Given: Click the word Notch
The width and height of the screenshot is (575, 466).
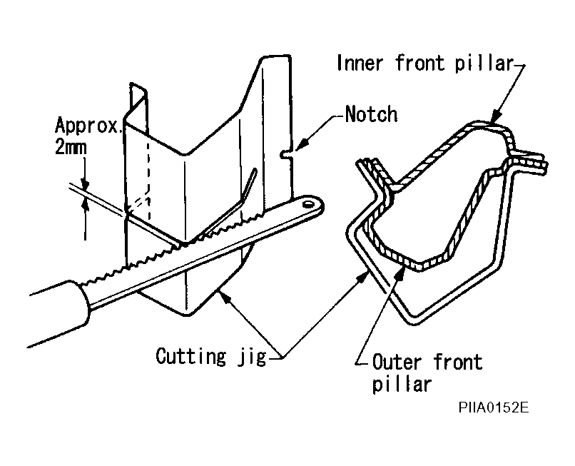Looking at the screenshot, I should click(371, 113).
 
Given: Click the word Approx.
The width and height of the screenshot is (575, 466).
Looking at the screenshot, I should click(89, 126).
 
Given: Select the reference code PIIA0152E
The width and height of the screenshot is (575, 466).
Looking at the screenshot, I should click(493, 409).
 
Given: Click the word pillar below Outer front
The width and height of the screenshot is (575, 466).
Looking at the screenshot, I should click(402, 385).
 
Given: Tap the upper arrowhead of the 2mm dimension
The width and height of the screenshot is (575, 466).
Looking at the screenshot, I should click(85, 181).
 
